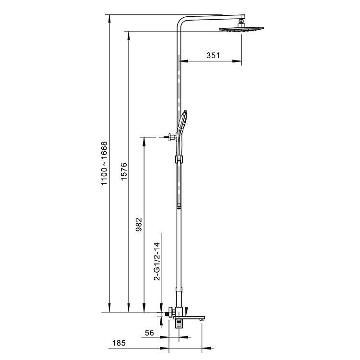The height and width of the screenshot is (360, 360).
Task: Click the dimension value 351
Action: click(x=213, y=55)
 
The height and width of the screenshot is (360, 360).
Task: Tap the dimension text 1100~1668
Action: click(x=104, y=164)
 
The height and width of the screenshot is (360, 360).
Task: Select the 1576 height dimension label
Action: click(x=124, y=171)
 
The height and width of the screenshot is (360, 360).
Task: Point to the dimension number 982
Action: click(x=139, y=225)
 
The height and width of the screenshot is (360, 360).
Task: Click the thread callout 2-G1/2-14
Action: click(x=157, y=261)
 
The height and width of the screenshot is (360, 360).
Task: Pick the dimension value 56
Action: click(x=149, y=333)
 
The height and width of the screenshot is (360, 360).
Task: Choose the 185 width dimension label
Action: click(x=119, y=343)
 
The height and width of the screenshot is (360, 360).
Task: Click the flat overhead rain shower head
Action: click(x=241, y=29)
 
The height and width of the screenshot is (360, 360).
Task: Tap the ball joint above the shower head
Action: click(x=241, y=23)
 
